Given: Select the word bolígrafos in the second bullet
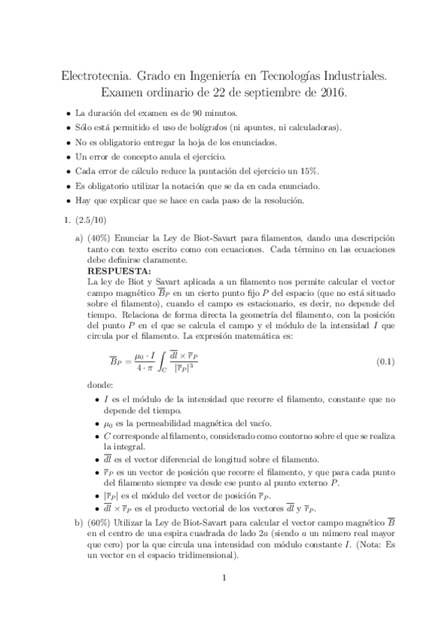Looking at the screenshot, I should click(212, 127).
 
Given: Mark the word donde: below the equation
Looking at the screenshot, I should click(101, 386).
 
